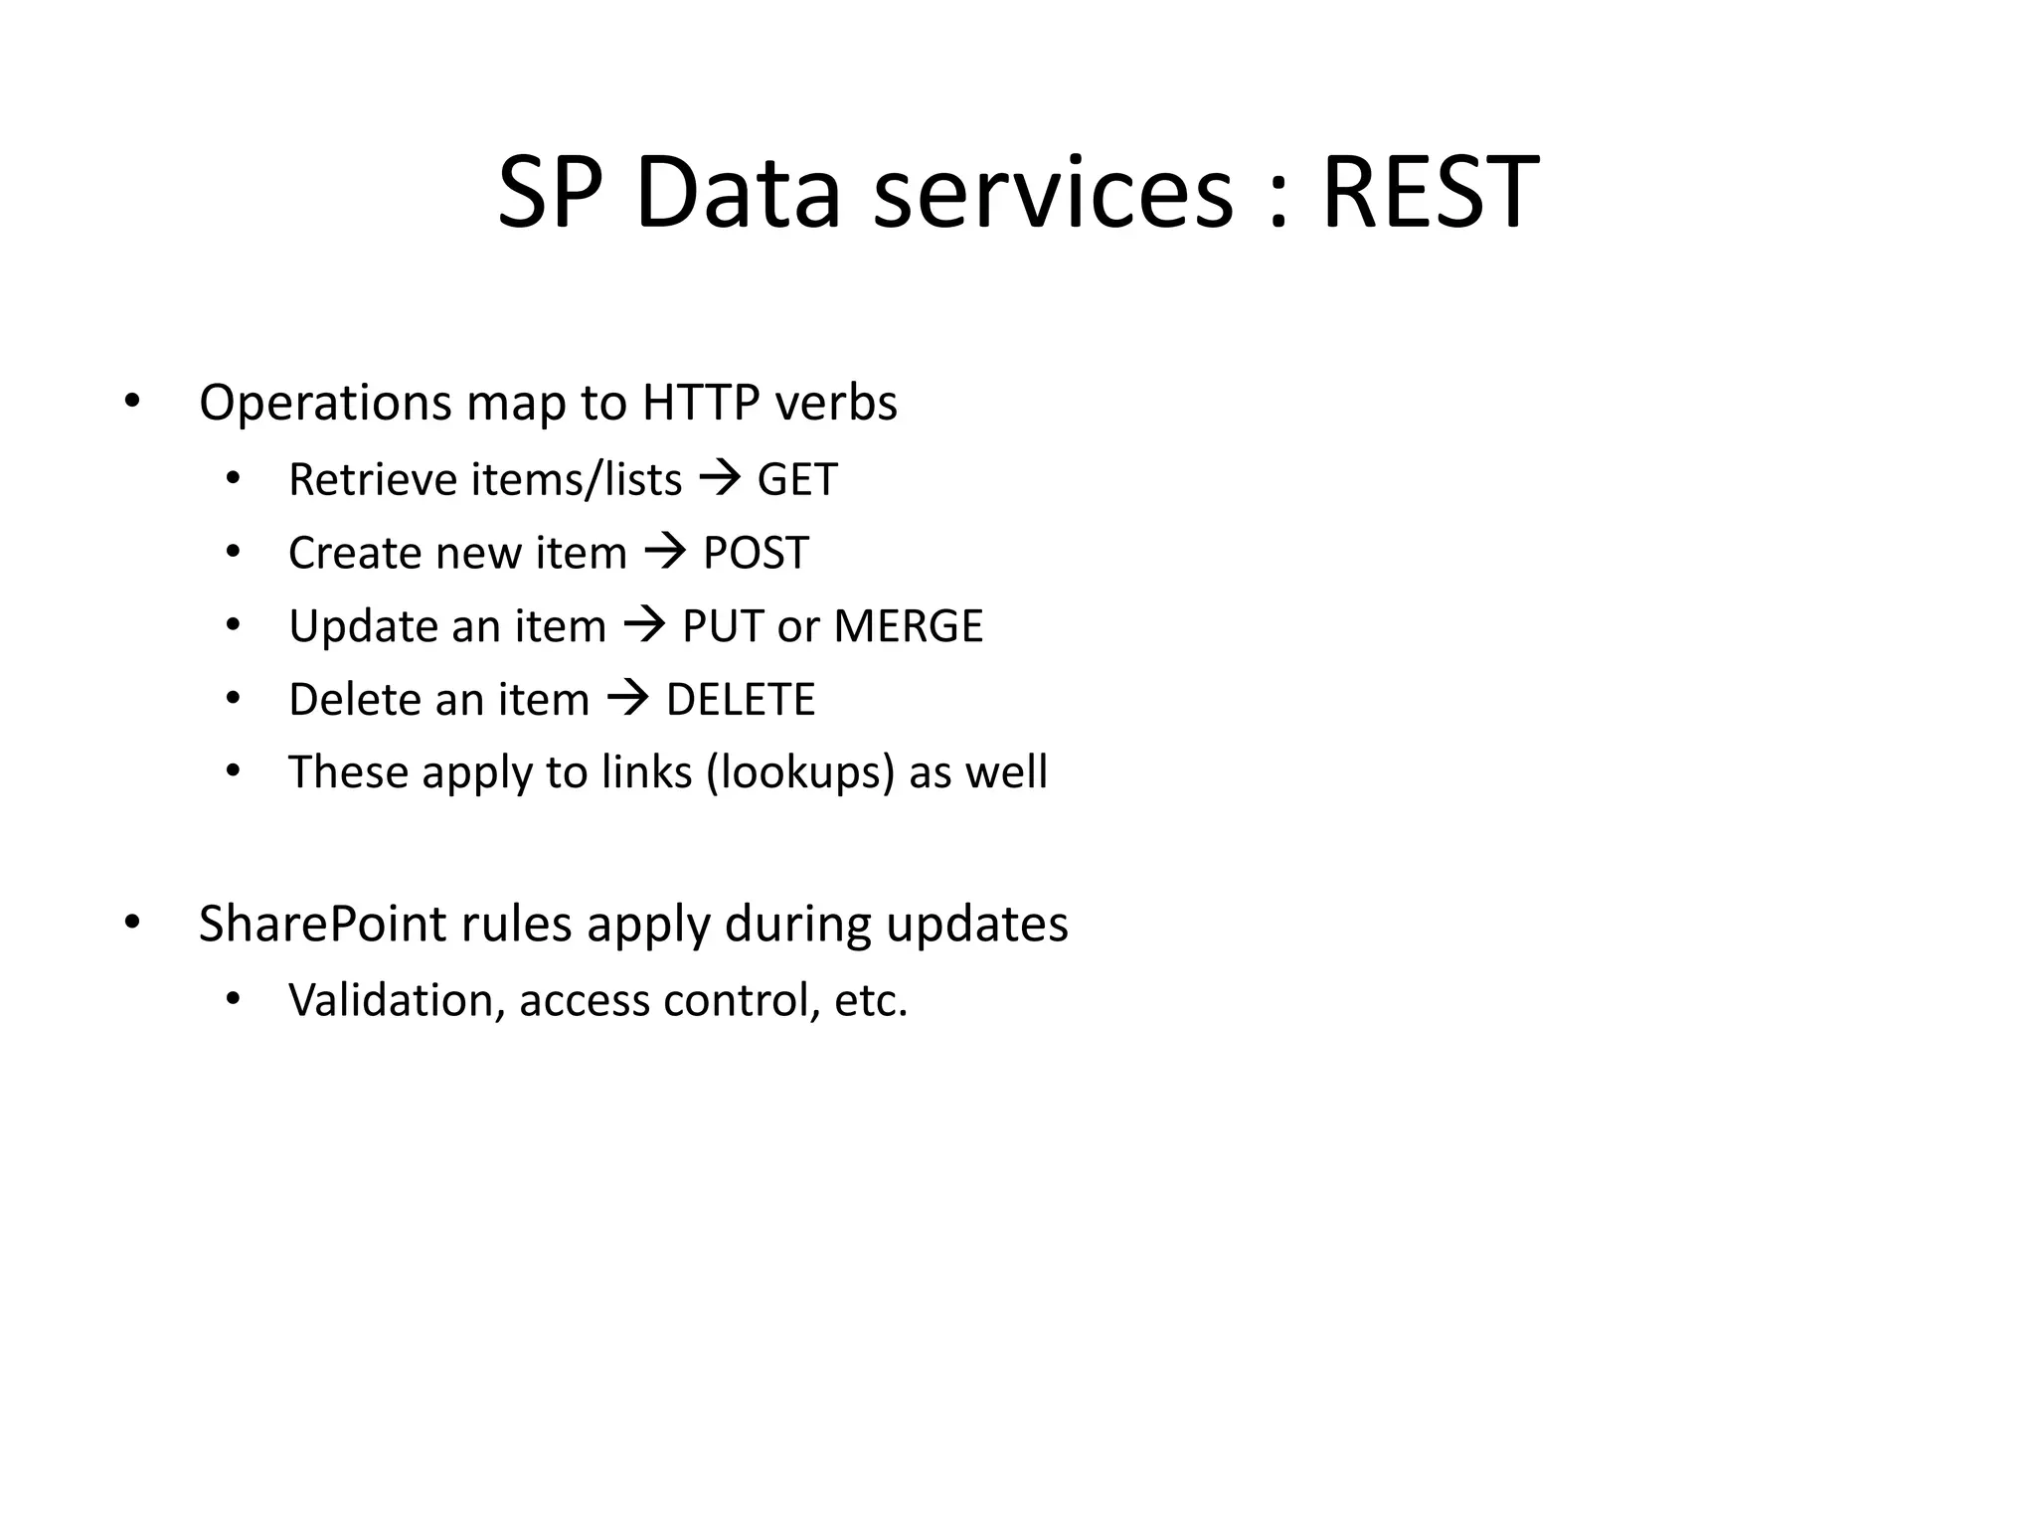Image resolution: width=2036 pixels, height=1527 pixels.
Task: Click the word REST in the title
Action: (1430, 193)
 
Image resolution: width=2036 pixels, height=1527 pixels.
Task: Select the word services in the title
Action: (1053, 193)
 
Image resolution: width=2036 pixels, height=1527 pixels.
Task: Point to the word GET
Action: (797, 480)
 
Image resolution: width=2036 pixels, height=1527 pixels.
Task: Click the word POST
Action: (756, 554)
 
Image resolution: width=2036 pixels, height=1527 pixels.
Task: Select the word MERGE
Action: (908, 627)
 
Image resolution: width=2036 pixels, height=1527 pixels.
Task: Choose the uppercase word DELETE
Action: (741, 700)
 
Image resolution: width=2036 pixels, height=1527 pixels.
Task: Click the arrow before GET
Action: (721, 480)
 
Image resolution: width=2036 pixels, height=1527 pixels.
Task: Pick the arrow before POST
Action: (666, 554)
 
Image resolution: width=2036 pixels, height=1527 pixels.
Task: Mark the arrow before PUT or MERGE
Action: (644, 627)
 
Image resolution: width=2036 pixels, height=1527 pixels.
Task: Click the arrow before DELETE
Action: (628, 700)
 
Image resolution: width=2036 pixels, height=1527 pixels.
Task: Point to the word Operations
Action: (325, 404)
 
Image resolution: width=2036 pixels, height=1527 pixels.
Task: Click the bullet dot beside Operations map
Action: (132, 404)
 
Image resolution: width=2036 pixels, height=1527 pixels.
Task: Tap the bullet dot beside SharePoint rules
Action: (132, 924)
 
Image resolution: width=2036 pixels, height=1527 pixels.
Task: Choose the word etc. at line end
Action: (871, 1000)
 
